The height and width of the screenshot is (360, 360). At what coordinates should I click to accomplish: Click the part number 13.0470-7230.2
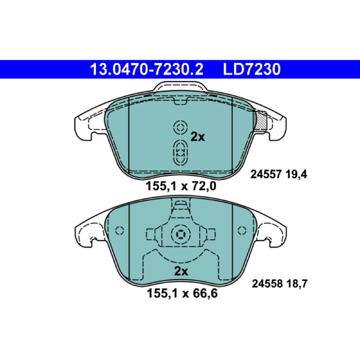coord(147,69)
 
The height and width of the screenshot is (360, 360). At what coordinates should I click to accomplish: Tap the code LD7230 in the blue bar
coord(252,69)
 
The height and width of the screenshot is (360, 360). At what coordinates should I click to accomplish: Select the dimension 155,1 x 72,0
coord(181,186)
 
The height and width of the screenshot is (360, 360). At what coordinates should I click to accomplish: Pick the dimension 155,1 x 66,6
coord(182,293)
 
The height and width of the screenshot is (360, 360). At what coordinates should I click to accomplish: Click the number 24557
coord(266,175)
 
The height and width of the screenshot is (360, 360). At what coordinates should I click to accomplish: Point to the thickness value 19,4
coord(297,175)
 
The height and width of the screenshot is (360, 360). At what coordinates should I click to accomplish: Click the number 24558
coord(267,284)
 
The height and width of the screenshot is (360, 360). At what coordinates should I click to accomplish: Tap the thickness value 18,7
coord(297,284)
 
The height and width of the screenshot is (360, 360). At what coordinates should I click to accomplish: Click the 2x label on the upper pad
coord(198,137)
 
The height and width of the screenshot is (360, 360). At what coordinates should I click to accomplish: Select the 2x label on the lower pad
coord(181,271)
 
